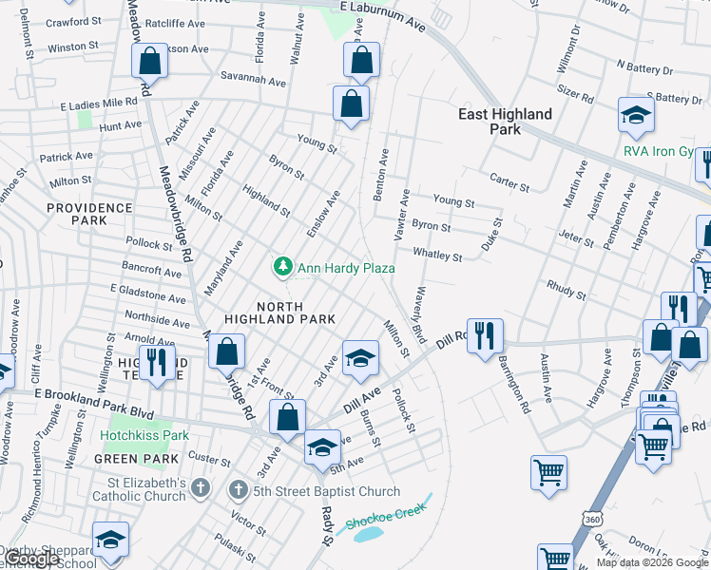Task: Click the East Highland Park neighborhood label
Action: click(505, 122)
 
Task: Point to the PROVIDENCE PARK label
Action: click(89, 214)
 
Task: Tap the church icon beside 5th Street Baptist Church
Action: click(239, 491)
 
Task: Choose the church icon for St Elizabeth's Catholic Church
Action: click(199, 488)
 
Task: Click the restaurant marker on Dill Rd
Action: click(485, 334)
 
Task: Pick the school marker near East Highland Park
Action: click(635, 115)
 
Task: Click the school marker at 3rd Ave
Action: click(359, 358)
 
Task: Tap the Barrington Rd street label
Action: click(517, 391)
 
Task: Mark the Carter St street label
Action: click(509, 178)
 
